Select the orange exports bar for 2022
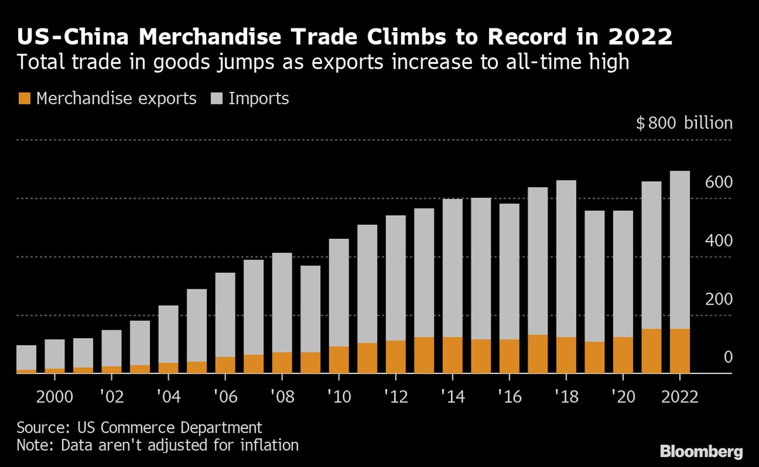679,351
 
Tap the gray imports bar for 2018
565,258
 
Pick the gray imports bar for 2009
310,309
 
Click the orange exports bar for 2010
338,360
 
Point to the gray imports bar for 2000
54,354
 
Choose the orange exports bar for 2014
452,355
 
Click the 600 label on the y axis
719,183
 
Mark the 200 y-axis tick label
719,300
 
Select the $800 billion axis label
684,123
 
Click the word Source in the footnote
39,427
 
